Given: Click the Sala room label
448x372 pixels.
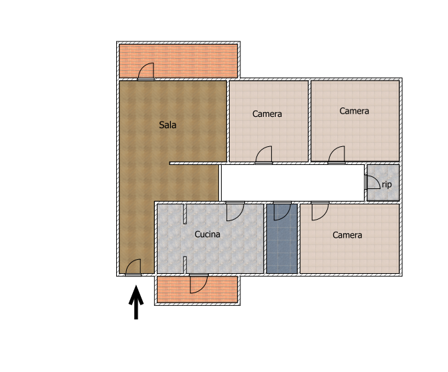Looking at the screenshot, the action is point(168,125).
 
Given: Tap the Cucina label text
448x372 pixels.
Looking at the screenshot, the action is point(207,234).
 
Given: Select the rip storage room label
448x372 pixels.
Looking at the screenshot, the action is point(387,184).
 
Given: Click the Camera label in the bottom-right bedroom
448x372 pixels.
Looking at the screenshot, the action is point(347,235).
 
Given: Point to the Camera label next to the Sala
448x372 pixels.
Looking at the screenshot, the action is point(267,114).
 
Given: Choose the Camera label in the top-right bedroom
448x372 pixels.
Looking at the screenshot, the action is point(354,111).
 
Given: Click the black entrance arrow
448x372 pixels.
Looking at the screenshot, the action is point(136,302).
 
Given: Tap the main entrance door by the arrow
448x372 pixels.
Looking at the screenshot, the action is point(133,267).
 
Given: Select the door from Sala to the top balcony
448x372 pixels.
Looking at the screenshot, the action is point(146,71).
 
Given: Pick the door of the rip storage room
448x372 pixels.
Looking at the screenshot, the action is point(373,182).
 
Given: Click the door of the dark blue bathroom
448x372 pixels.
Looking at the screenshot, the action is point(282,211).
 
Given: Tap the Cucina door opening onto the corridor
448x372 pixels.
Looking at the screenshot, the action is point(236,211).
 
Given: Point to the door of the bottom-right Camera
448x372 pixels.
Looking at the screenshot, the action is point(320,211).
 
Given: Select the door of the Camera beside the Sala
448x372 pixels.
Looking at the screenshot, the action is point(264,155).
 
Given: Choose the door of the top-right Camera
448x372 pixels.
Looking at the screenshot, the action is point(337,155).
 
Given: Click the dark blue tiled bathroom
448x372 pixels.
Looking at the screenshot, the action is point(282,238).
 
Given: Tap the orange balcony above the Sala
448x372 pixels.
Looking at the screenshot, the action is point(178,61).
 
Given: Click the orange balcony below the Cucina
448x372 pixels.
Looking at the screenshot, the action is point(197,289).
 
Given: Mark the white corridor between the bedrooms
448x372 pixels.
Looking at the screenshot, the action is point(293,183).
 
